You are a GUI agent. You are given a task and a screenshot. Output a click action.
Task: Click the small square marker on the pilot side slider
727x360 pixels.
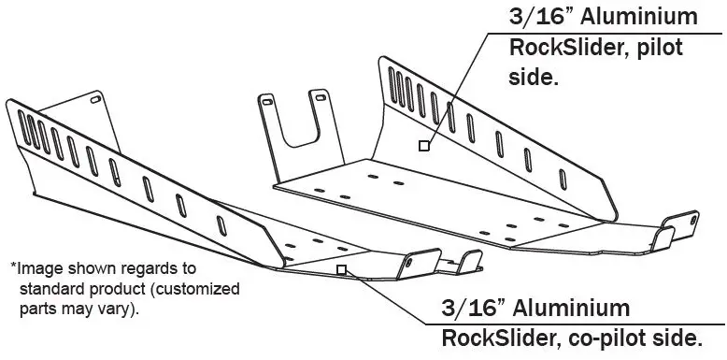pyautogui.click(x=423, y=145)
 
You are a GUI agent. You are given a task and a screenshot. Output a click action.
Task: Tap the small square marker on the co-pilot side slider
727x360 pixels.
pyautogui.click(x=342, y=269)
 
